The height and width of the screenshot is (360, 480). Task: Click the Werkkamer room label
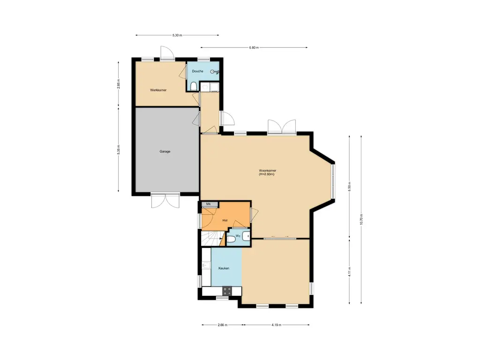click(x=158, y=90)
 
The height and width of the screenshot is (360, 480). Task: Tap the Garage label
click(x=165, y=151)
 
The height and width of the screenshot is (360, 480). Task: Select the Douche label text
click(x=197, y=71)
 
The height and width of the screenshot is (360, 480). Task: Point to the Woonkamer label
click(x=268, y=171)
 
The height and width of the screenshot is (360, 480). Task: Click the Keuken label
click(x=224, y=268)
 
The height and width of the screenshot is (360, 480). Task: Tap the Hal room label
click(x=225, y=220)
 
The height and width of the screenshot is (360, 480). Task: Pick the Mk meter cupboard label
click(x=209, y=204)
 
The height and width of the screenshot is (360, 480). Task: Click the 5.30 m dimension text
click(x=177, y=35)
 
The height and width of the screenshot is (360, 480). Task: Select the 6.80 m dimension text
click(x=254, y=47)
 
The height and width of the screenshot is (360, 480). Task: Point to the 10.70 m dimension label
click(x=361, y=219)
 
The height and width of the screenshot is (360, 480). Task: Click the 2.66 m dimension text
click(x=223, y=325)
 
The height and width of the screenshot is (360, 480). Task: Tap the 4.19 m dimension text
click(x=276, y=325)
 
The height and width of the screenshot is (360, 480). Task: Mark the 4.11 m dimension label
click(x=349, y=272)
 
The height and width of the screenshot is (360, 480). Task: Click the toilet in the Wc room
click(x=231, y=239)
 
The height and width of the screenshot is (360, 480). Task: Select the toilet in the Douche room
click(x=194, y=87)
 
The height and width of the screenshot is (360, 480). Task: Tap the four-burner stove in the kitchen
click(x=227, y=291)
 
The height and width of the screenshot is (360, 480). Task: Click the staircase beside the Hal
click(x=212, y=239)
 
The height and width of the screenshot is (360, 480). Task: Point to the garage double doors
click(x=165, y=200)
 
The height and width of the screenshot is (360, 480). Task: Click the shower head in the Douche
click(x=214, y=72)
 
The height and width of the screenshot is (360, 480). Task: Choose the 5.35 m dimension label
click(x=119, y=150)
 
